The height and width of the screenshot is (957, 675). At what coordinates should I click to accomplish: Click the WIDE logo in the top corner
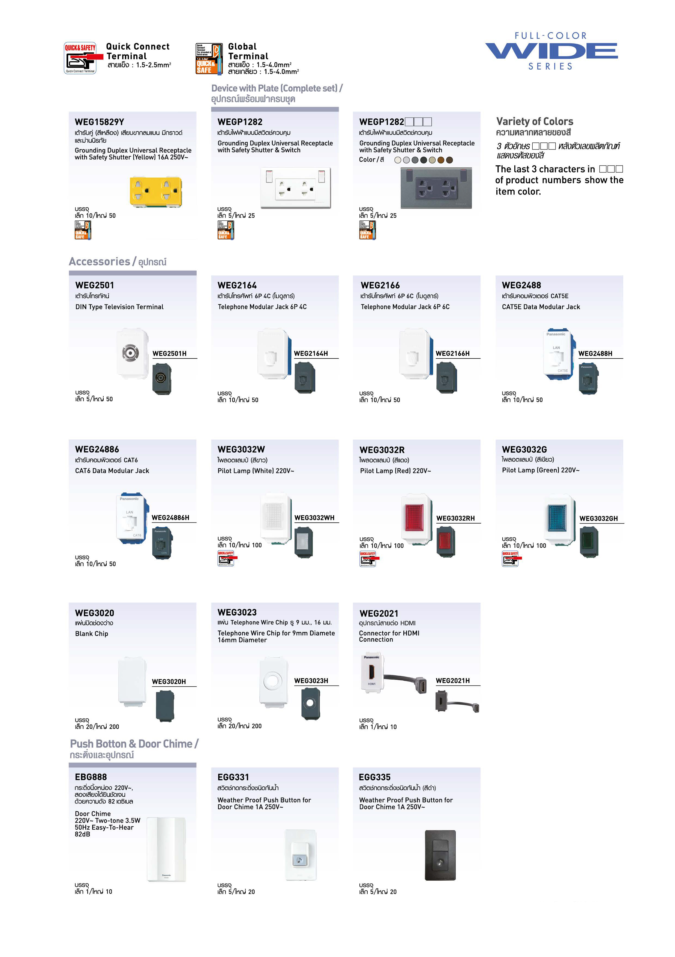(551, 51)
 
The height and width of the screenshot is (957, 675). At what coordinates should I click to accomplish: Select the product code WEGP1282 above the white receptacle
(240, 122)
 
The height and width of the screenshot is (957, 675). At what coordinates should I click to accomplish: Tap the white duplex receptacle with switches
(295, 188)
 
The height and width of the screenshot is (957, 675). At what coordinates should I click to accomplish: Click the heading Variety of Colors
(535, 121)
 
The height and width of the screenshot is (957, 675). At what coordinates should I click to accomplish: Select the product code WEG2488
(521, 285)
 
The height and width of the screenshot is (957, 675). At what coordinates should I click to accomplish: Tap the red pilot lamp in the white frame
(414, 518)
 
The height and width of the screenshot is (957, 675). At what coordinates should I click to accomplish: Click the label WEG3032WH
(314, 518)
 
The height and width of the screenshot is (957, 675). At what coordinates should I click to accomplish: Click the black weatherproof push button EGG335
(440, 855)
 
